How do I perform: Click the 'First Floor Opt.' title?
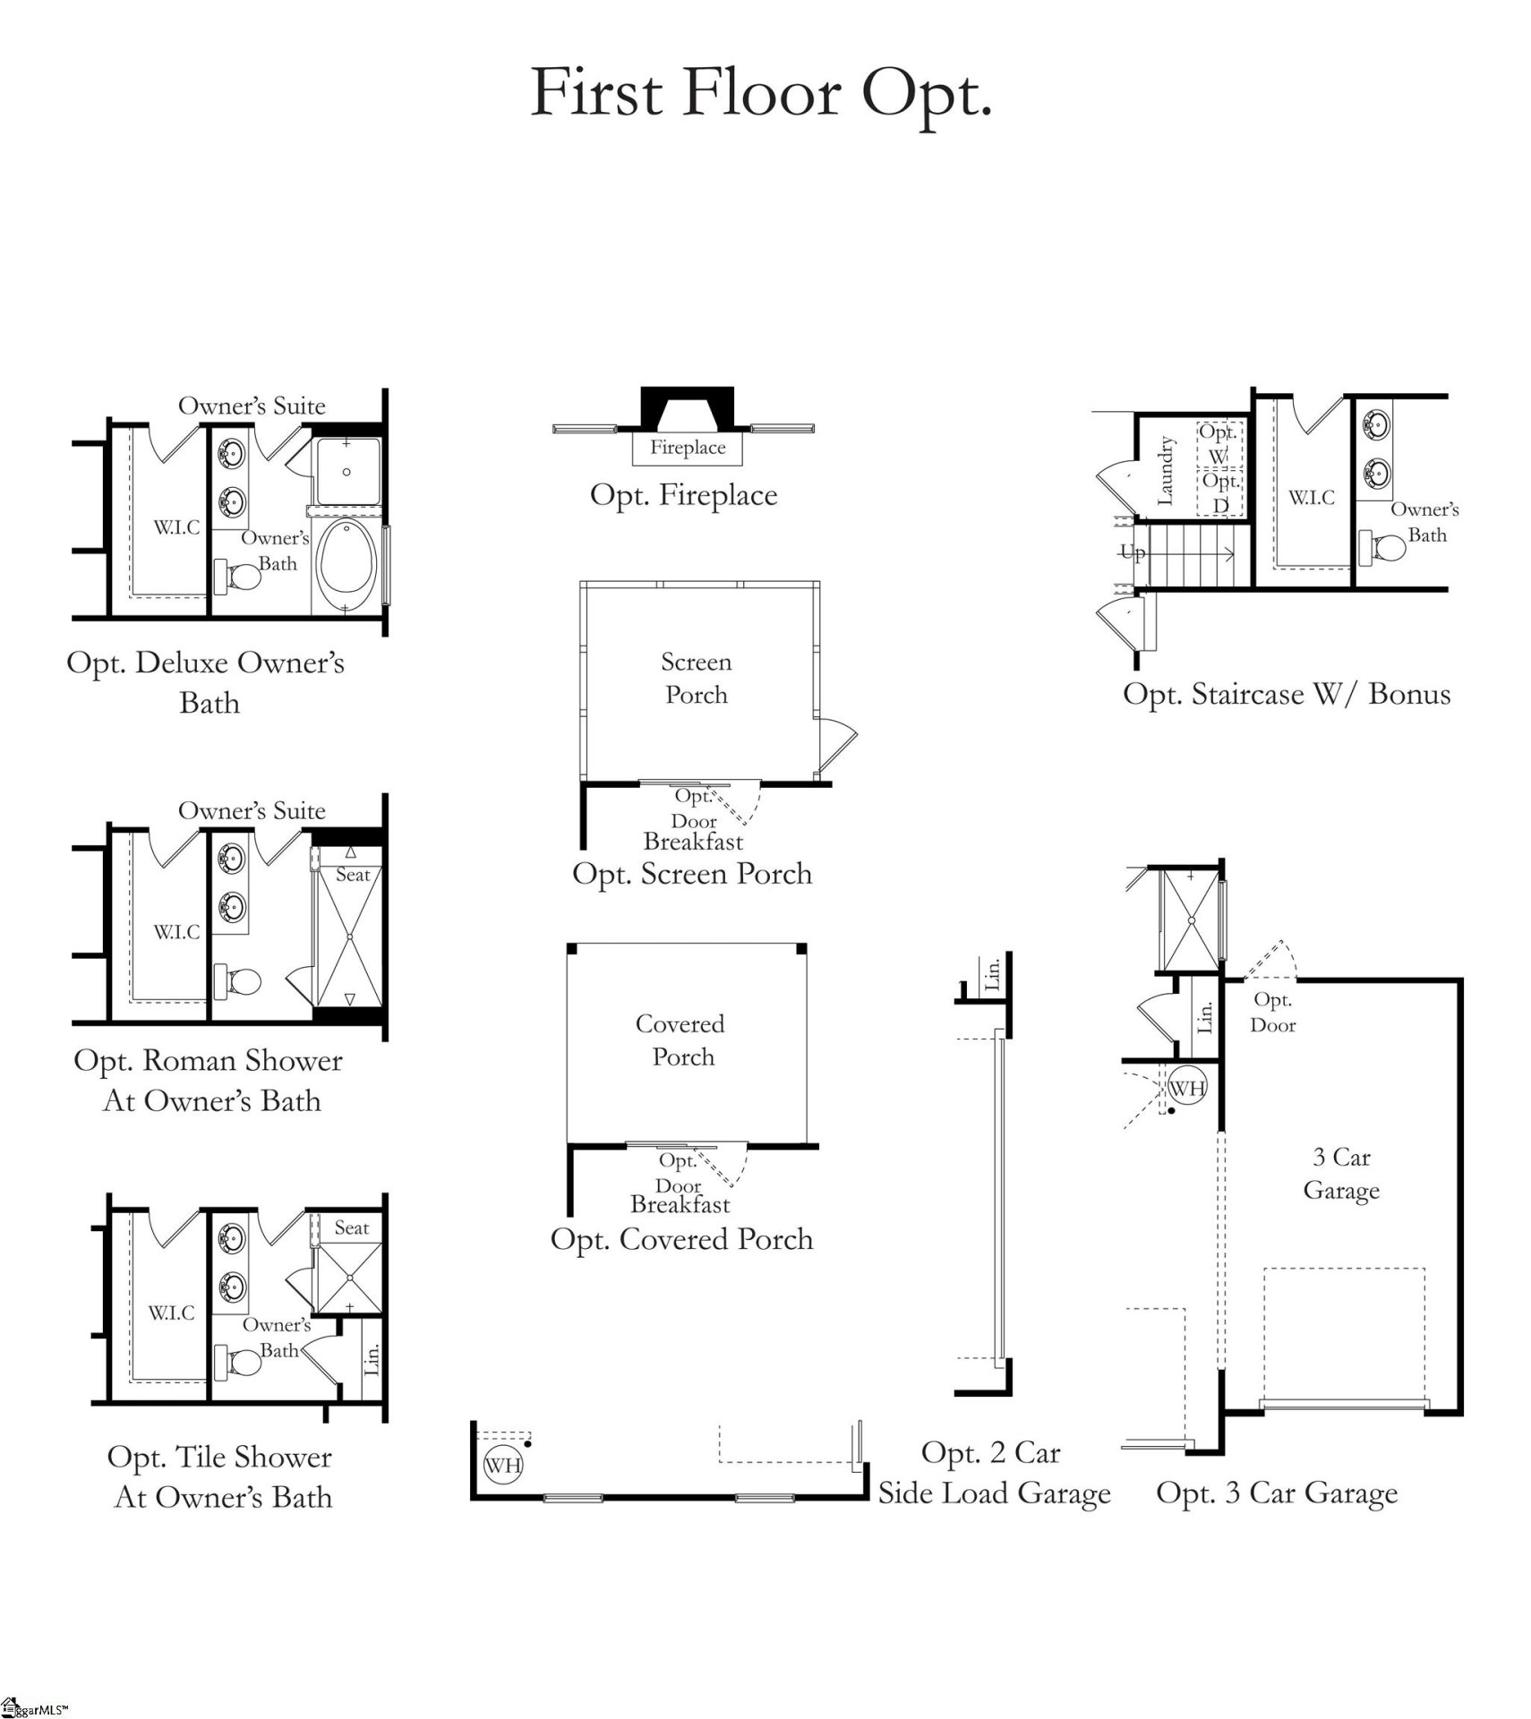coord(761,94)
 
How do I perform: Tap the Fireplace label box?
coord(687,448)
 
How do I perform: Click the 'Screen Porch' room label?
coord(696,678)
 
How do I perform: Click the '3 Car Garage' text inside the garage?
coord(1340,1173)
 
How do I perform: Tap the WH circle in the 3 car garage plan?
coord(1187,1089)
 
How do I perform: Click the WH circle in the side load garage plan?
coord(502,1465)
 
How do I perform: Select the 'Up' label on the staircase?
coord(1132,552)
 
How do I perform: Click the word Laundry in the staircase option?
coord(1165,470)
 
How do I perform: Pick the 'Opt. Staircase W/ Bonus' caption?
coord(1287,694)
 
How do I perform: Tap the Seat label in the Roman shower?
coord(352,875)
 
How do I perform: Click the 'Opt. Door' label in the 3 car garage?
coord(1272,1012)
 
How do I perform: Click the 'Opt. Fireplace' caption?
coord(683,495)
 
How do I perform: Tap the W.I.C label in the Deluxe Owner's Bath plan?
coord(176,527)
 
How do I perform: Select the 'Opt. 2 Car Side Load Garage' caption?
coord(993,1473)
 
